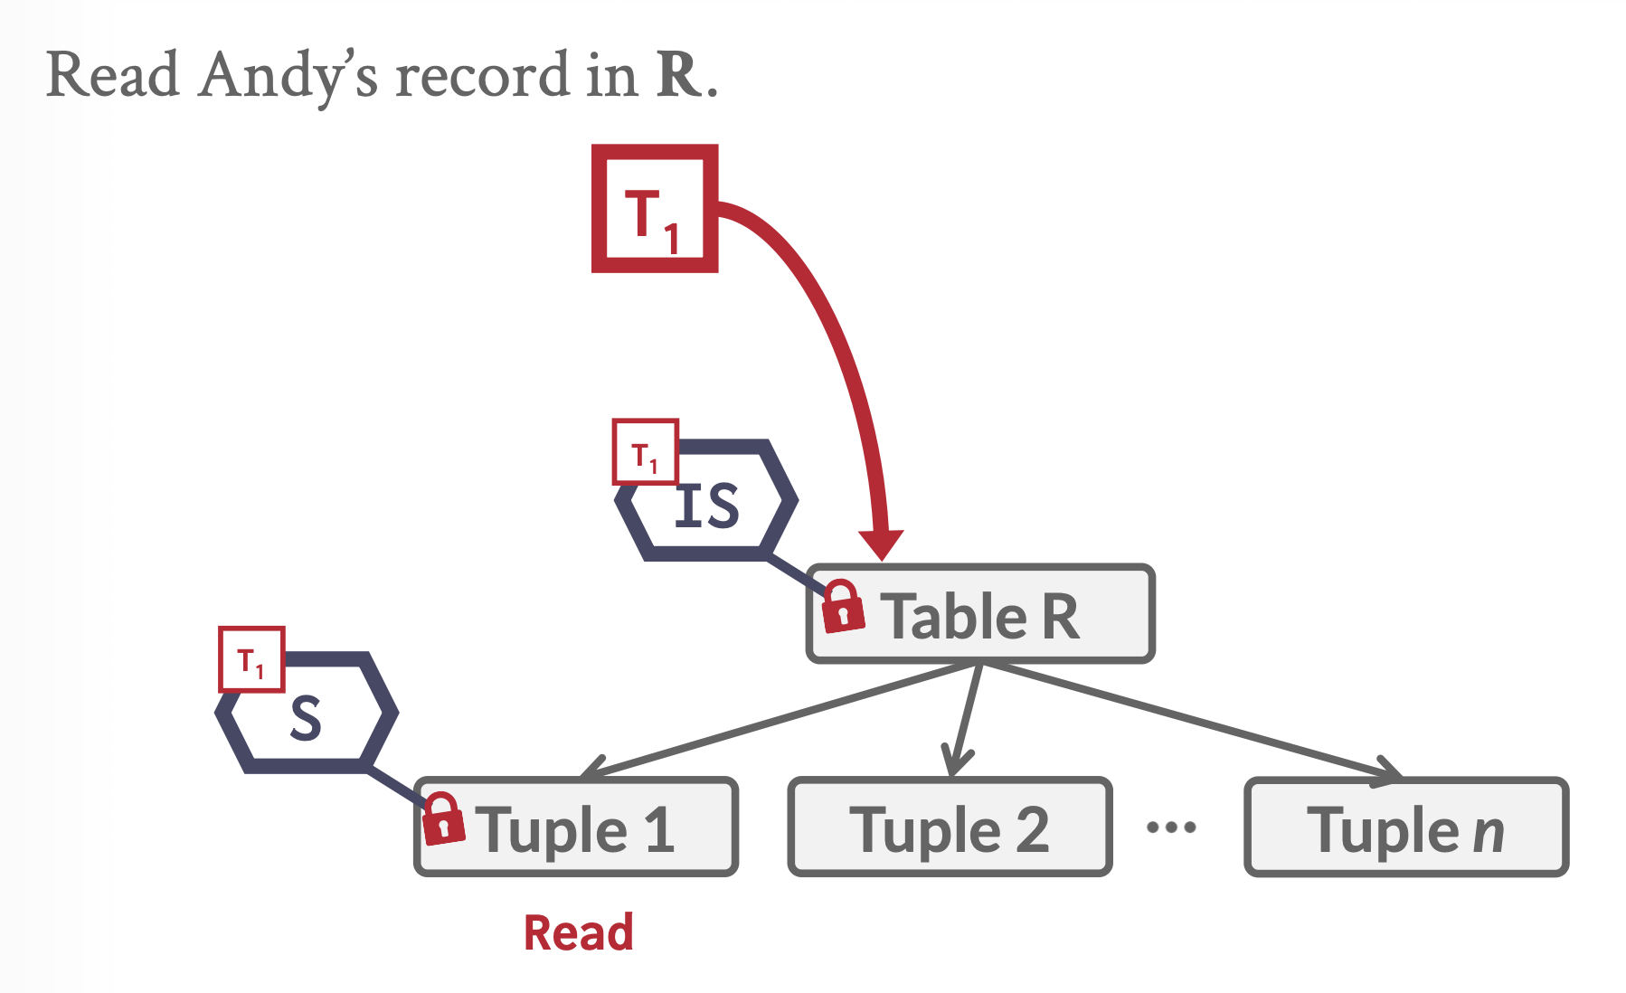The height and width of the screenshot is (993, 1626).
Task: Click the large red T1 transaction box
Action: coord(654,209)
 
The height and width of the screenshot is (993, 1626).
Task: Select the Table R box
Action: coord(980,615)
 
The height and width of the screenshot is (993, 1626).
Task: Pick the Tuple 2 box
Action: coord(950,827)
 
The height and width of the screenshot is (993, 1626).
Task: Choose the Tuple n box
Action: coord(1406,827)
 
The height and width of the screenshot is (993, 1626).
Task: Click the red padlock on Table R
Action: coord(842,606)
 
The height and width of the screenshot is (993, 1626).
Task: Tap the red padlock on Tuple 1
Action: coord(443,818)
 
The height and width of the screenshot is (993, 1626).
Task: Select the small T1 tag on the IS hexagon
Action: coord(645,452)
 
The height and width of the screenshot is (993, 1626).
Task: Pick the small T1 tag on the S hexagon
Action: coord(251,659)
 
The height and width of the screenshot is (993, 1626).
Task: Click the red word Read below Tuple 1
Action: coord(579,932)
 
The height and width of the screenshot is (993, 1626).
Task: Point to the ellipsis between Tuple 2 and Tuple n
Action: coord(1171,827)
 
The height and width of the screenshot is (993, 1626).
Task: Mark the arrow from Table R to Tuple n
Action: coord(1194,721)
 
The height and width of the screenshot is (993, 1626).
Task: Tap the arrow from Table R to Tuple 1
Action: coord(778,721)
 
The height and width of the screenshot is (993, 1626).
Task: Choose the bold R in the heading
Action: coord(679,74)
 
